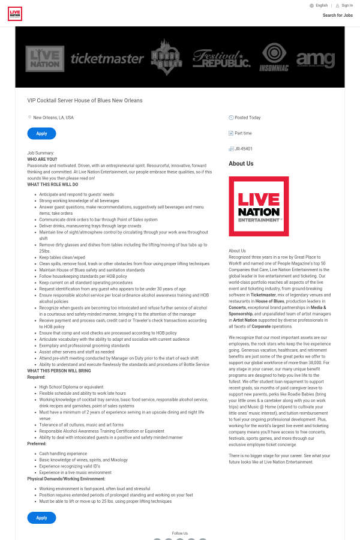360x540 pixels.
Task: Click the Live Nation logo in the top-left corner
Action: pyautogui.click(x=15, y=13)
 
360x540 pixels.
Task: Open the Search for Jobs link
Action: pyautogui.click(x=337, y=16)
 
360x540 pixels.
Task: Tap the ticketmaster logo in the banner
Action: pyautogui.click(x=107, y=58)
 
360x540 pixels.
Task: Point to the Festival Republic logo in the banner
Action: pyautogui.click(x=221, y=58)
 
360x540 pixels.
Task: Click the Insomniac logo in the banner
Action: pyautogui.click(x=274, y=58)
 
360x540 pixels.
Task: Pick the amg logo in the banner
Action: pyautogui.click(x=315, y=59)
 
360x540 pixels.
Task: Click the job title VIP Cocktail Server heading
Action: pyautogui.click(x=85, y=100)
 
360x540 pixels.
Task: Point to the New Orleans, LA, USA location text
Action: pyautogui.click(x=53, y=118)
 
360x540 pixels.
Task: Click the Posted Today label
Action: pyautogui.click(x=247, y=118)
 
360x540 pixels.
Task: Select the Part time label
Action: pyautogui.click(x=243, y=133)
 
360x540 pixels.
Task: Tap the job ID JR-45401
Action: pyautogui.click(x=244, y=148)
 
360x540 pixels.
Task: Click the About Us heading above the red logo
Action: pyautogui.click(x=241, y=163)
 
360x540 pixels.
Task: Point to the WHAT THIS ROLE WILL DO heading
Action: pyautogui.click(x=53, y=185)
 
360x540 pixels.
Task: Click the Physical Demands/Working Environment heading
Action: pyautogui.click(x=66, y=479)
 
